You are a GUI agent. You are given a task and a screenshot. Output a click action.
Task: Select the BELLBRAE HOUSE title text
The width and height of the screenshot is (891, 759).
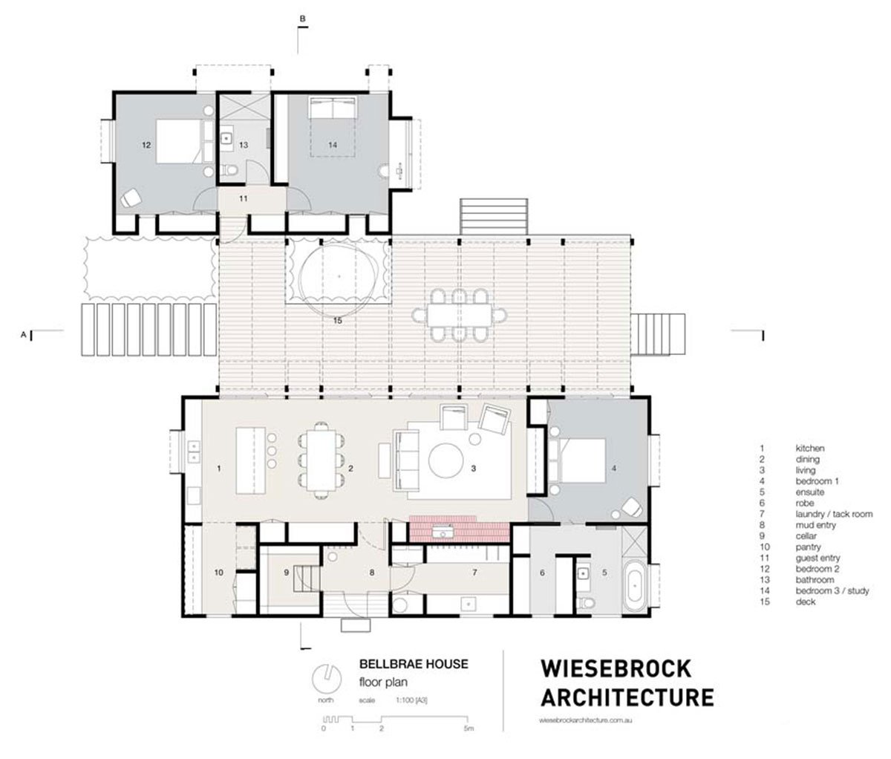coord(414,664)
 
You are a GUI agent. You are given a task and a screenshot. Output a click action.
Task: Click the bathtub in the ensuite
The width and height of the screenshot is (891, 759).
coord(636,587)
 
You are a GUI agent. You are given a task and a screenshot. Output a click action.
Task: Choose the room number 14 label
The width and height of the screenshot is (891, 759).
coord(332,146)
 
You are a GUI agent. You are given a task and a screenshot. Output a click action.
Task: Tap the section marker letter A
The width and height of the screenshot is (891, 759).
coord(24,336)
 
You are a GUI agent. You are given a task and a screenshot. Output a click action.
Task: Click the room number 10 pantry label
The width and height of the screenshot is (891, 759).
coord(218,573)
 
